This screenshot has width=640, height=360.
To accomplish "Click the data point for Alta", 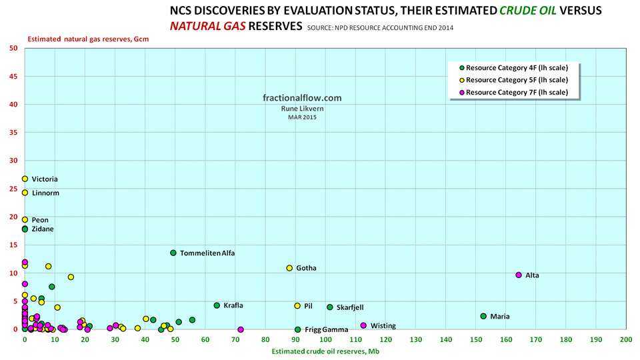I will click(519, 275).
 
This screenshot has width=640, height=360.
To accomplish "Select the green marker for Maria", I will click(483, 316).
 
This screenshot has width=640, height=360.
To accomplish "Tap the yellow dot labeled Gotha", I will click(289, 268).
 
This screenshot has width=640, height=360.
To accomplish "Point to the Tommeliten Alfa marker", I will click(173, 253).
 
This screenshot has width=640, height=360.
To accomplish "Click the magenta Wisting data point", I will click(363, 325).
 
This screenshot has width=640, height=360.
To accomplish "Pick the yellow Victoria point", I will click(25, 179).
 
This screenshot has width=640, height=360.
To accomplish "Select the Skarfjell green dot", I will click(330, 307).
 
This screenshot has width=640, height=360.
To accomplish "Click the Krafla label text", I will click(233, 305).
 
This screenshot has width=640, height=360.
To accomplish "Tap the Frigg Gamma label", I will click(326, 329).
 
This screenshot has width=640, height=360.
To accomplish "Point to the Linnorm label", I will click(45, 193).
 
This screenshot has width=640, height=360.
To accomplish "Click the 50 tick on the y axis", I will click(13, 48).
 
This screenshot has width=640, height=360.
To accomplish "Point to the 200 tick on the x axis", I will click(625, 339).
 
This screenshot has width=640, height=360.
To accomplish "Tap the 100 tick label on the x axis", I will click(325, 339).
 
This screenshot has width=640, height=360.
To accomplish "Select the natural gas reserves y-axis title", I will click(88, 39).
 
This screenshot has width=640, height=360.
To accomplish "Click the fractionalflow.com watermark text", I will click(302, 97).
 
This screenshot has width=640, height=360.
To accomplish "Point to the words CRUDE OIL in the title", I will click(510, 11).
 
